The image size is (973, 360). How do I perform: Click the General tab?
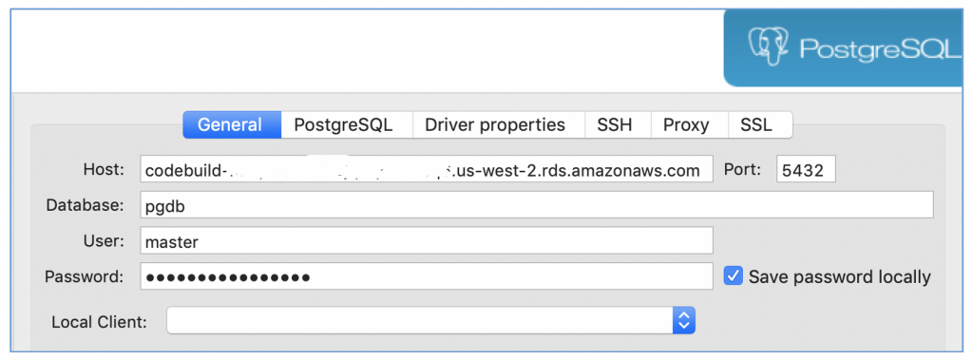231,124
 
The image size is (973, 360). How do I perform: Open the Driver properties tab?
495,124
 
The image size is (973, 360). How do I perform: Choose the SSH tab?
614,124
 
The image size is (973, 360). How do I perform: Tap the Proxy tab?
686,124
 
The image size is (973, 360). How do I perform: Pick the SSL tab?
756,124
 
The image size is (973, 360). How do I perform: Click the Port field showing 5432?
806,169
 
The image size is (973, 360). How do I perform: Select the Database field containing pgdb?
536,205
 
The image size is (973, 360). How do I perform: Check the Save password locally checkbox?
733,276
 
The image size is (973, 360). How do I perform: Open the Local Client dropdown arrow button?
684,321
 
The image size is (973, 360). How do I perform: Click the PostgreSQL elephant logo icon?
769,47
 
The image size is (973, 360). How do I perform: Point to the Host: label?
104,169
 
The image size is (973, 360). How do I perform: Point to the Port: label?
743,169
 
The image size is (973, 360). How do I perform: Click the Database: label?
85,205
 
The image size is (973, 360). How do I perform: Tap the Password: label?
85,276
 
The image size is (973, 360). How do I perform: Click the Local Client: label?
100,321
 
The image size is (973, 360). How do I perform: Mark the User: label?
105,241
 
